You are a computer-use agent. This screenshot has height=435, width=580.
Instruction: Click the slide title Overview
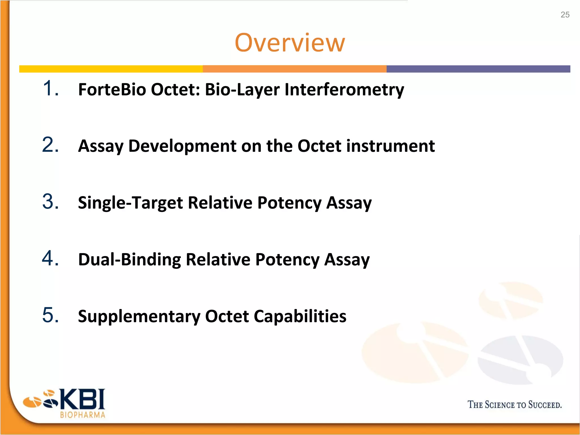(290, 43)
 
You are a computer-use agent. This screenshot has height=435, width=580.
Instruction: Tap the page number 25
(565, 15)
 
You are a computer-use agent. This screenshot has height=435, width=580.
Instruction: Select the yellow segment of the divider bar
(111, 69)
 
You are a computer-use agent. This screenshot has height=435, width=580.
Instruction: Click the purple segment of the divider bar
(478, 69)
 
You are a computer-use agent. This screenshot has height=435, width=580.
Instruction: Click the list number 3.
(50, 202)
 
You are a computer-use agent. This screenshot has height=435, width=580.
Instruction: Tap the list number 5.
(50, 315)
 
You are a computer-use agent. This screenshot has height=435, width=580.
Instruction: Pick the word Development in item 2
(182, 146)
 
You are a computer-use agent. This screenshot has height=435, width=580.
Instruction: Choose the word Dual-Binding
(129, 260)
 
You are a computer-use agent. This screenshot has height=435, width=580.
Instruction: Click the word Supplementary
(139, 316)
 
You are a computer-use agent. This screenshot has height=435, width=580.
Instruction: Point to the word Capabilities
(300, 316)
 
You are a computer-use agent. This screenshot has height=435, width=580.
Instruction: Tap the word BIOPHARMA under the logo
(82, 415)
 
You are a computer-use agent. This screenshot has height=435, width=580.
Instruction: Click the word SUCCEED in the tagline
(544, 405)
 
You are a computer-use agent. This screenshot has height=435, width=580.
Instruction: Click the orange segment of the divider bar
(295, 69)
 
